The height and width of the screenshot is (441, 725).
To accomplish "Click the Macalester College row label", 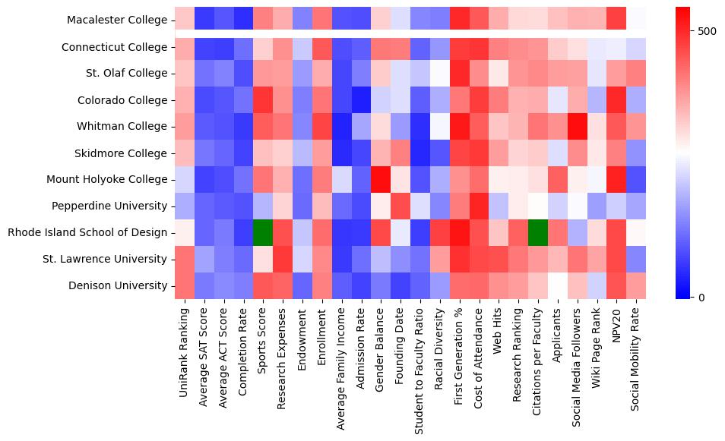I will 117,20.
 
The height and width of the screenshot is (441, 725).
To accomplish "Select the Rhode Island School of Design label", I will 87,233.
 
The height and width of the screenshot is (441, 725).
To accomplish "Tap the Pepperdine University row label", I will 109,206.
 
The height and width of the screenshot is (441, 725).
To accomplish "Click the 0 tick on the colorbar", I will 701,297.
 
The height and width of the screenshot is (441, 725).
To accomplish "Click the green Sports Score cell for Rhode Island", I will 263,233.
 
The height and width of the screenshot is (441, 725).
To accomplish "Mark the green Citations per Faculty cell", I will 538,233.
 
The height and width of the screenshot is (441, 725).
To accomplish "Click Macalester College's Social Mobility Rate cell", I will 636,20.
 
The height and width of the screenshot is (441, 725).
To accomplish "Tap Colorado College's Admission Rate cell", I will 361,100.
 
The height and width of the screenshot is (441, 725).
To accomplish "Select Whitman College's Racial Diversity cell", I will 440,127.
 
